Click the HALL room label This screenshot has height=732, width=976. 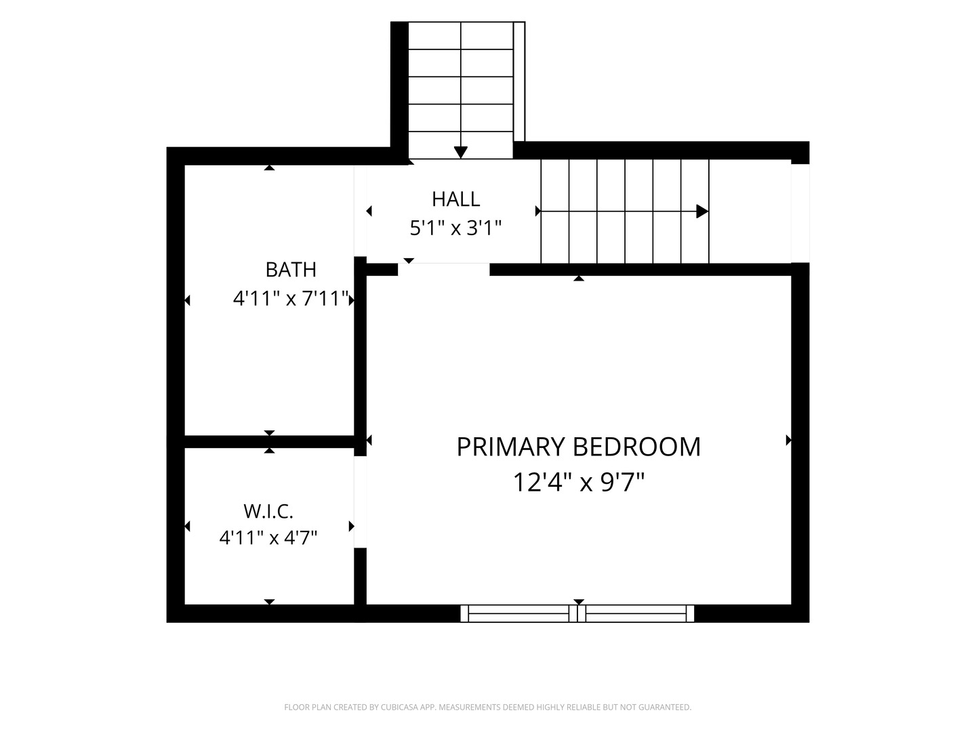tap(455, 199)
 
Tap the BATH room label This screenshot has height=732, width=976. tap(291, 269)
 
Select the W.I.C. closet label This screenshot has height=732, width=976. tap(268, 512)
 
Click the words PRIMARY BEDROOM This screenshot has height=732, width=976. tap(579, 447)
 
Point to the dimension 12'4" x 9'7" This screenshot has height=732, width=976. tap(579, 482)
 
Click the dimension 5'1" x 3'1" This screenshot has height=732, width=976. tap(455, 228)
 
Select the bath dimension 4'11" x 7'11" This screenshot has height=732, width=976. tap(291, 298)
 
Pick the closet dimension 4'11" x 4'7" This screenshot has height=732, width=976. tap(268, 537)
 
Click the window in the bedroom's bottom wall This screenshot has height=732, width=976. tap(577, 613)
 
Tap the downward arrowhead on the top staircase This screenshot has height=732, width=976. tap(461, 152)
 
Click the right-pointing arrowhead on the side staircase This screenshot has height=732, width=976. tap(702, 211)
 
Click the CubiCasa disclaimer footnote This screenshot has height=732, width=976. tap(488, 707)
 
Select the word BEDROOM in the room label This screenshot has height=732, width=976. tap(636, 447)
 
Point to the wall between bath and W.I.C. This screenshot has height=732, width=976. tap(270, 442)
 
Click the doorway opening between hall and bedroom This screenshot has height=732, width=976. tap(444, 269)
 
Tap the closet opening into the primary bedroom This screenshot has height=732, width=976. tap(360, 502)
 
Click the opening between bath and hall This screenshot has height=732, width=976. tap(360, 211)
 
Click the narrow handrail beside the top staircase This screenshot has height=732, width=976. tap(519, 82)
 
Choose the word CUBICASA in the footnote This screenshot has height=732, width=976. tap(400, 707)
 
